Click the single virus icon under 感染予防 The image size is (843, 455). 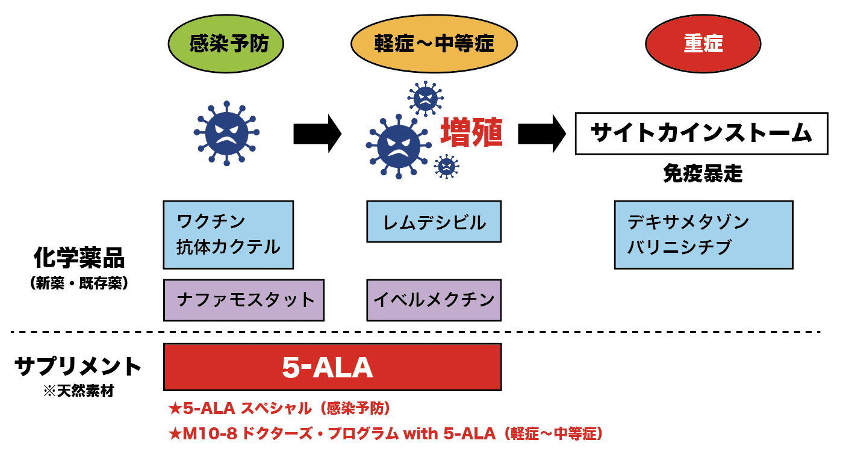[x=226, y=134]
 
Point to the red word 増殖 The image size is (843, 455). [x=471, y=133]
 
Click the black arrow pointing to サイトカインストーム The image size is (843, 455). [x=541, y=133]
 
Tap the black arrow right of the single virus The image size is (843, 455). [x=317, y=133]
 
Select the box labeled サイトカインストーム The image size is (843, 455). [x=702, y=133]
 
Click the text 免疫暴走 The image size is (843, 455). [x=702, y=174]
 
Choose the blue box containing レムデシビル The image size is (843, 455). [x=434, y=222]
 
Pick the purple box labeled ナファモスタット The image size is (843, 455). [x=244, y=300]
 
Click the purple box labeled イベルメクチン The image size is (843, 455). [x=434, y=300]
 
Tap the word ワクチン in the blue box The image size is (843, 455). [x=211, y=221]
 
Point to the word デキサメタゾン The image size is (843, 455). [x=688, y=222]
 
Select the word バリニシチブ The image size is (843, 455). [x=679, y=247]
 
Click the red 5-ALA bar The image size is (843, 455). [x=332, y=367]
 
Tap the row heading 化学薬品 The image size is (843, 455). [x=79, y=258]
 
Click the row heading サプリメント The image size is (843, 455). [x=78, y=366]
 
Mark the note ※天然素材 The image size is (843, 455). [x=78, y=392]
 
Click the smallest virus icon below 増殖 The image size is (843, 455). [x=446, y=166]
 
